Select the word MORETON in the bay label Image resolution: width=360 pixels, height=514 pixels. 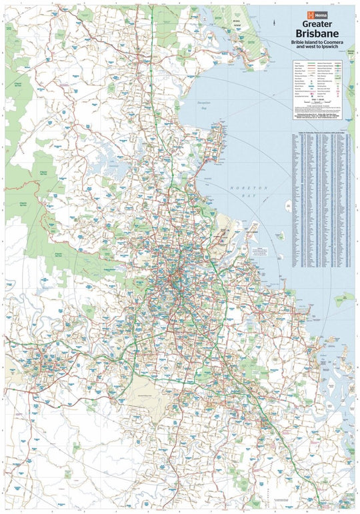click(253, 187)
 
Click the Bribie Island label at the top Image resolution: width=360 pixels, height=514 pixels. click(235, 23)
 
